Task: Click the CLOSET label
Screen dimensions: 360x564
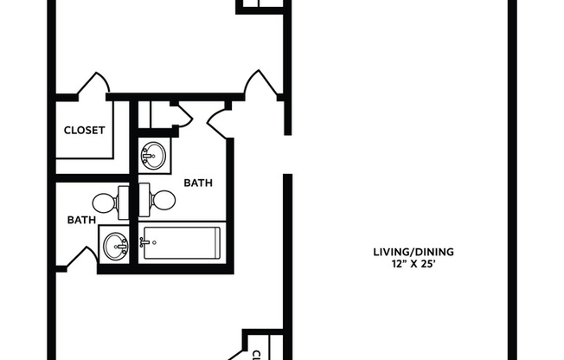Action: [x=85, y=131]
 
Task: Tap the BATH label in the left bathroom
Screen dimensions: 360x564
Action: [x=81, y=220]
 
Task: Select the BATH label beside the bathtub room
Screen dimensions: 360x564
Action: [x=198, y=183]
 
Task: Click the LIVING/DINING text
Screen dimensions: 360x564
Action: [x=413, y=253]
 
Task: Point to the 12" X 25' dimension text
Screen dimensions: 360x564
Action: [x=413, y=265]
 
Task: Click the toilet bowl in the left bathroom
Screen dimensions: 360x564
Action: [x=104, y=203]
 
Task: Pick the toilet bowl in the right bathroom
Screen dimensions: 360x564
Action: [x=163, y=201]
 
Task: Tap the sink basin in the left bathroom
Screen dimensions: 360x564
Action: [x=115, y=247]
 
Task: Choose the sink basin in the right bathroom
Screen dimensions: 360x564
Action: [x=154, y=157]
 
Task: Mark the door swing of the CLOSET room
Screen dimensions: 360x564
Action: [x=93, y=86]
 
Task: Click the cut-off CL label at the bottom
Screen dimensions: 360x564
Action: [x=256, y=355]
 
